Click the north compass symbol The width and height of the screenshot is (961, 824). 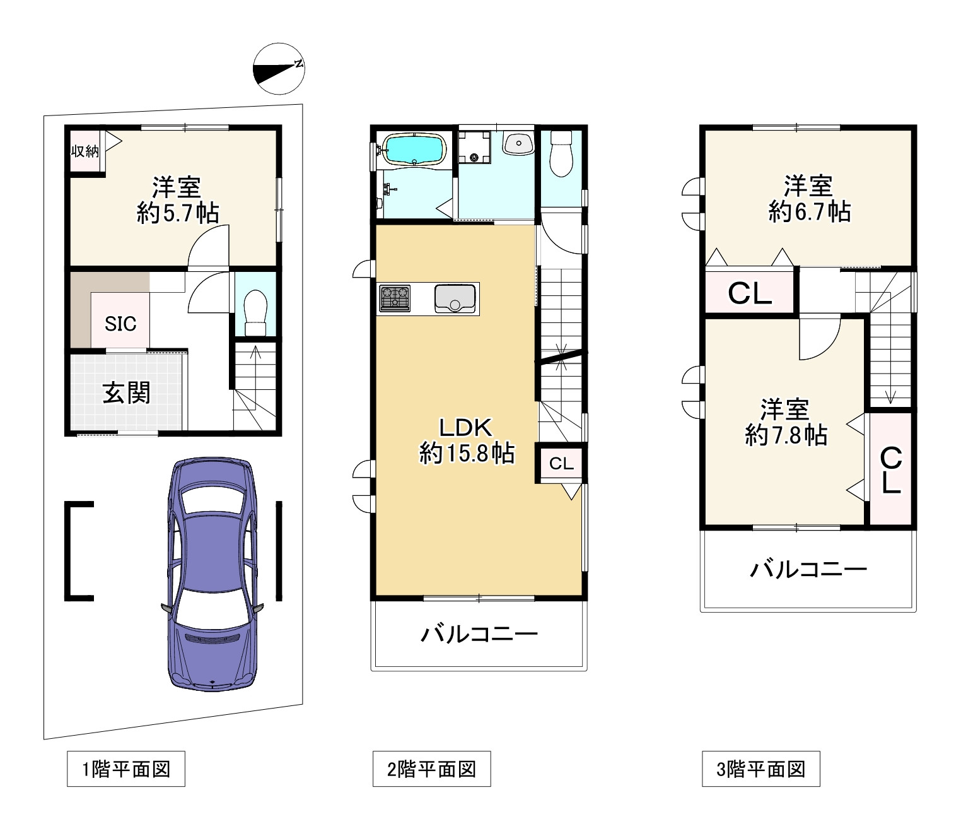(279, 69)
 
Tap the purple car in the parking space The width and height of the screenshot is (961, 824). (212, 574)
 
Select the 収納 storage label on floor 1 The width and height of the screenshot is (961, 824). (85, 151)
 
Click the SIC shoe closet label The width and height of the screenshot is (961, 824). (120, 324)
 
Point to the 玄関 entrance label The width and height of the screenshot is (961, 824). (127, 393)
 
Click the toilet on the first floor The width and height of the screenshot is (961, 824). (255, 313)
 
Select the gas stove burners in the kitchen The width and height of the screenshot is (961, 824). (395, 298)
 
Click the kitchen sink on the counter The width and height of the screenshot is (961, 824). (455, 298)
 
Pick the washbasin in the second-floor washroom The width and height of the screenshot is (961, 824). (518, 143)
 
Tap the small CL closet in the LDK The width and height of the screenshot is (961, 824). (561, 463)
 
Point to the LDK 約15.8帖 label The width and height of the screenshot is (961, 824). (467, 440)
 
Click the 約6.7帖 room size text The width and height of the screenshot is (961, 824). (810, 212)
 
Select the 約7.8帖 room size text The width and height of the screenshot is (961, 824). (786, 435)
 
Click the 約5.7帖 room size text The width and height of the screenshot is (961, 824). (178, 213)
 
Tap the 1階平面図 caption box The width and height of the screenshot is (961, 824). (126, 768)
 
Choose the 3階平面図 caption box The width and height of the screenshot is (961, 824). (761, 768)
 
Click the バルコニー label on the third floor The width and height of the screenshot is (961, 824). (808, 570)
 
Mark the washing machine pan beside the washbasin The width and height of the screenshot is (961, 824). (474, 147)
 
